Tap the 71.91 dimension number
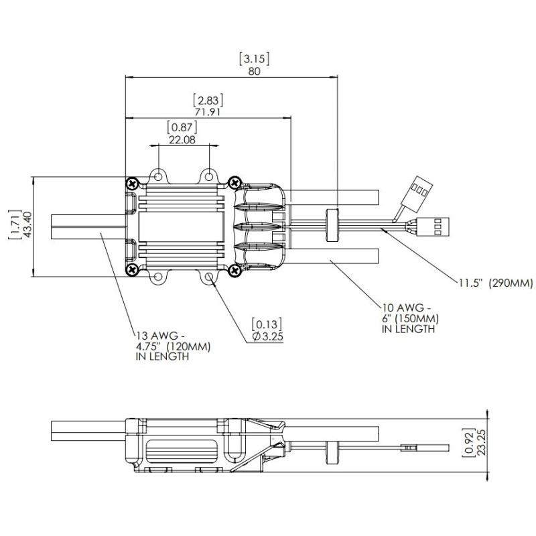(207, 112)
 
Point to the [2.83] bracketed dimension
(207, 99)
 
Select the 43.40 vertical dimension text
(27, 226)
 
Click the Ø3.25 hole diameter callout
(267, 336)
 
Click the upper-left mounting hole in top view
(158, 176)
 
